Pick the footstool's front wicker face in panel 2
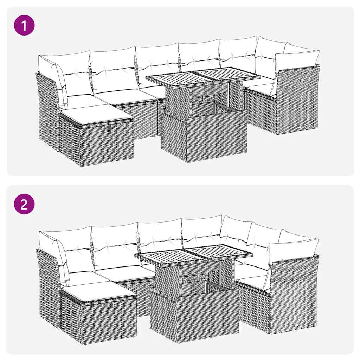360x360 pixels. [x=109, y=320]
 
